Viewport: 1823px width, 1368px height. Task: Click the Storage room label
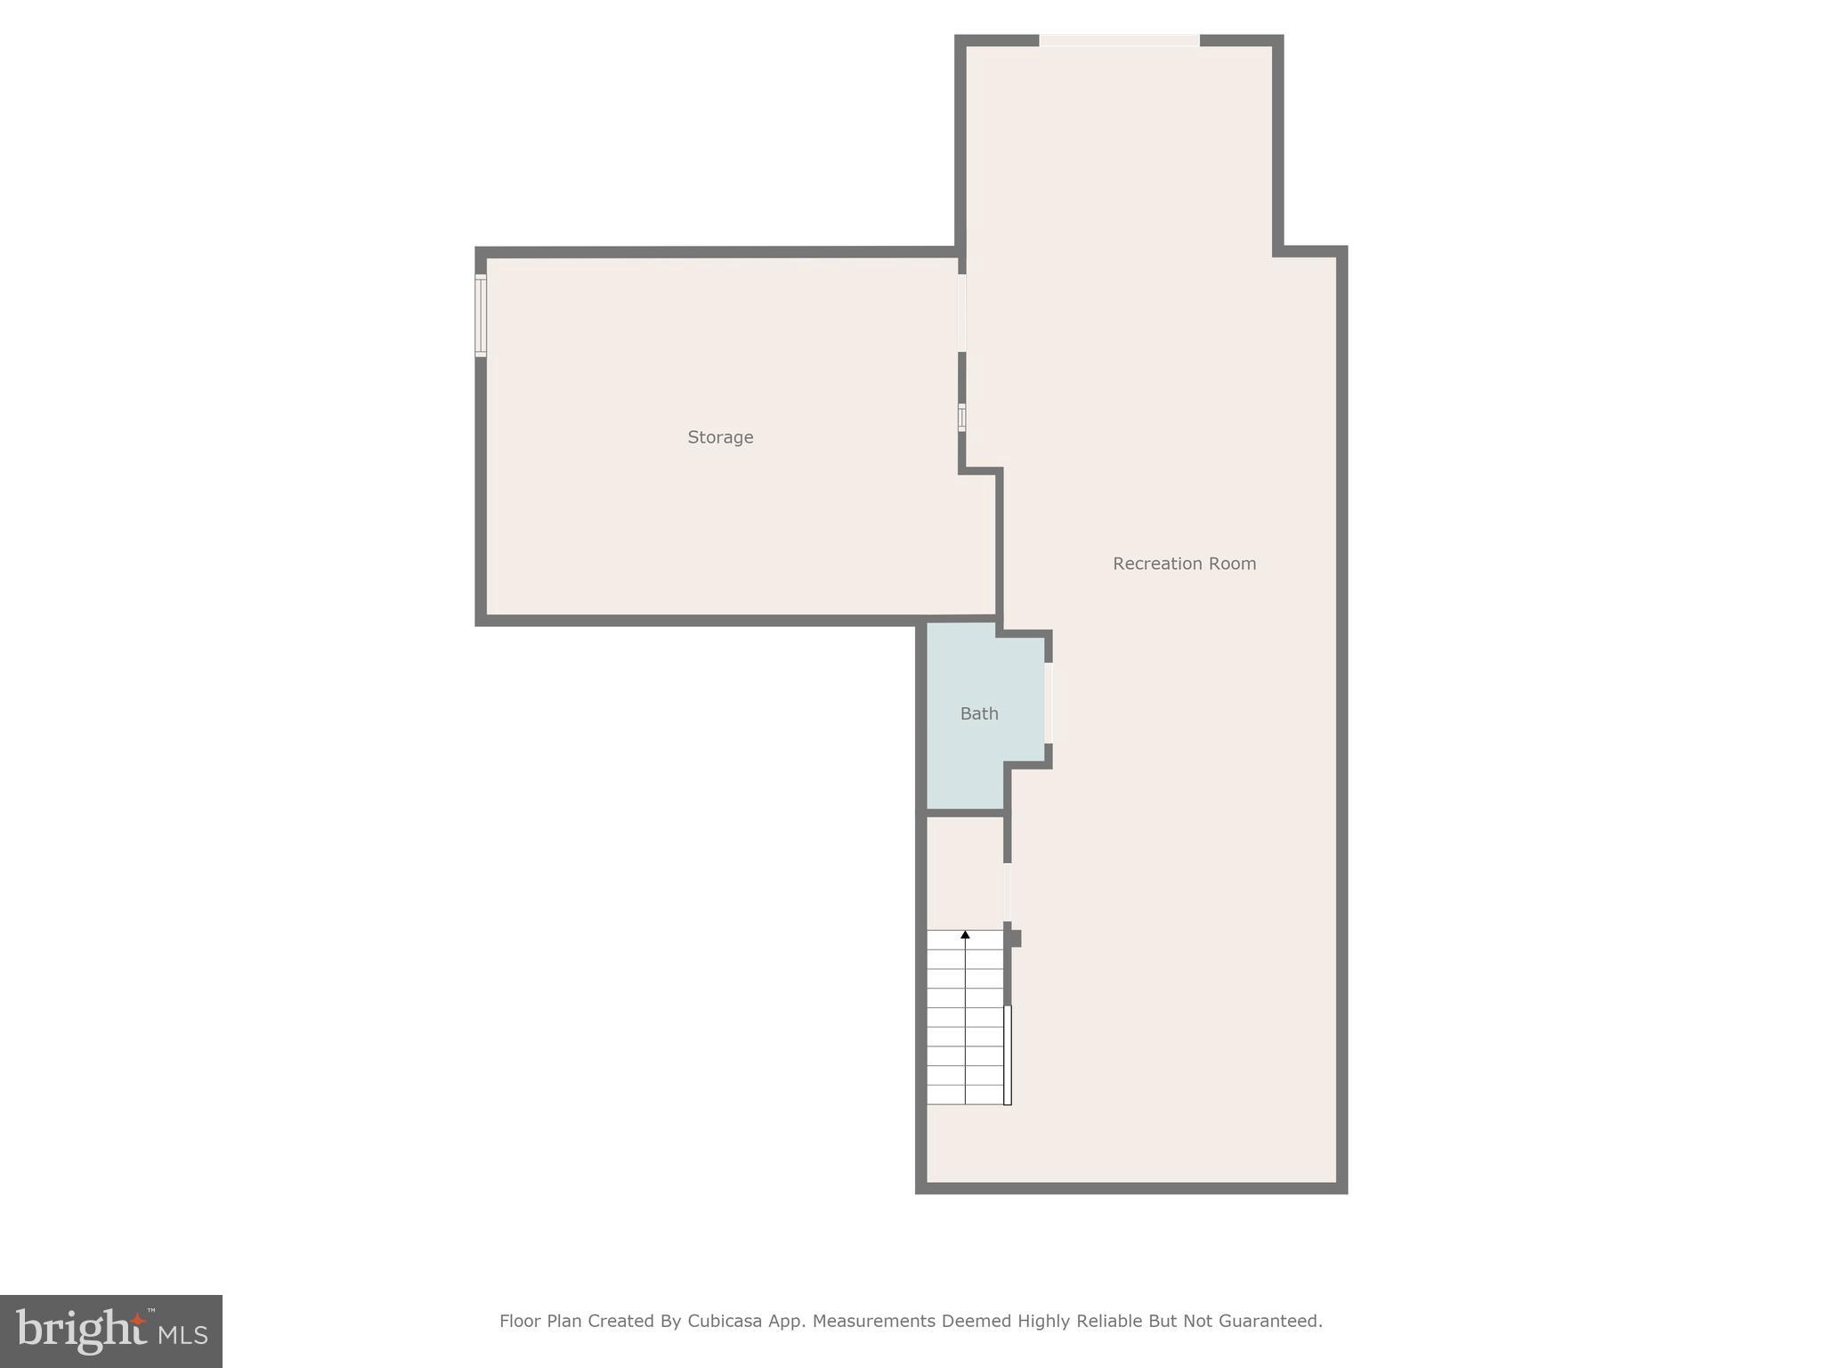click(720, 437)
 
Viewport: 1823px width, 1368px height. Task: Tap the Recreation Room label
click(1184, 564)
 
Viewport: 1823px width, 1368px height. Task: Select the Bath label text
click(979, 713)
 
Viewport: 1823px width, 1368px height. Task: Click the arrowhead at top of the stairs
click(965, 934)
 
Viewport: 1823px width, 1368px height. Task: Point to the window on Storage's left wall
click(481, 315)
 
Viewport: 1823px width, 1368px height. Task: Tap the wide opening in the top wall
click(1119, 40)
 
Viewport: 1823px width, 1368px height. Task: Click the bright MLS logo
click(111, 1331)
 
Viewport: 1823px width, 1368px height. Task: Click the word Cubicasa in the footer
click(725, 1321)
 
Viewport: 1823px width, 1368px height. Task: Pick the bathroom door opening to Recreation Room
click(1049, 703)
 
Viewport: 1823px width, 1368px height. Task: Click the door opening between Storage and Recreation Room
click(961, 313)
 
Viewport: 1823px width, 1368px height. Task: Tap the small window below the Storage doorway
click(961, 418)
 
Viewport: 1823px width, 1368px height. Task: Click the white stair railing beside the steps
click(1008, 1054)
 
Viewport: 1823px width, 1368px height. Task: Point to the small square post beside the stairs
click(1014, 938)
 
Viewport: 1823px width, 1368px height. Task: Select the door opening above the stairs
click(1008, 892)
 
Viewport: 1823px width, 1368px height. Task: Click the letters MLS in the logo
click(182, 1334)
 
